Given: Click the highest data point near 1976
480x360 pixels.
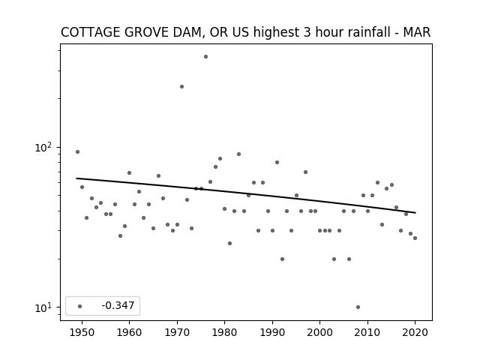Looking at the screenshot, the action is (205, 57).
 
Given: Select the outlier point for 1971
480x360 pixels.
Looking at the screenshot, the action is (181, 87).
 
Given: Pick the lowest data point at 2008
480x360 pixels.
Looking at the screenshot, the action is (358, 307).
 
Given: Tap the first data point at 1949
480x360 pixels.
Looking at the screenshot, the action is (77, 151).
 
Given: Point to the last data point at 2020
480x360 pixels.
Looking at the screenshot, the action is (415, 238).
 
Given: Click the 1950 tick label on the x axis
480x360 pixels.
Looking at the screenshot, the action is (82, 332).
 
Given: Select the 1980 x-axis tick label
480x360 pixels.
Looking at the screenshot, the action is (224, 332).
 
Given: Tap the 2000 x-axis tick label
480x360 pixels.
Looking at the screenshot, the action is (320, 332).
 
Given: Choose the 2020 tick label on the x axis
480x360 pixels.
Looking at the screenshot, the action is (415, 332).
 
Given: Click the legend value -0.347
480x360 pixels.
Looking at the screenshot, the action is (118, 305).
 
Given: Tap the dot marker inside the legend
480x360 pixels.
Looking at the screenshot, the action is (80, 306).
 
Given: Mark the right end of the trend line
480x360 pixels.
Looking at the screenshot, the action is (415, 212).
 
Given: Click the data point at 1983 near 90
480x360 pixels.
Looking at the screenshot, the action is (238, 154).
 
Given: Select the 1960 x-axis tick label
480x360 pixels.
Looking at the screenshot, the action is (129, 332).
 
